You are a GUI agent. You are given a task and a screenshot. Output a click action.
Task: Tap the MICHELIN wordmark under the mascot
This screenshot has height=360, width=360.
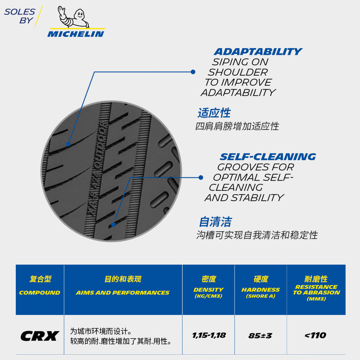pyautogui.click(x=76, y=34)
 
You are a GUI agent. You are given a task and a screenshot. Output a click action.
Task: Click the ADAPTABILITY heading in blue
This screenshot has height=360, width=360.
pyautogui.click(x=257, y=52)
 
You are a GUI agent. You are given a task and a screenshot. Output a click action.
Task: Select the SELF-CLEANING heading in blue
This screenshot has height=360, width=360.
pyautogui.click(x=268, y=157)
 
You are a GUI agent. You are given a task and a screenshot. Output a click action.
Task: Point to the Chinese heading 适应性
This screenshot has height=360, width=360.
pyautogui.click(x=214, y=113)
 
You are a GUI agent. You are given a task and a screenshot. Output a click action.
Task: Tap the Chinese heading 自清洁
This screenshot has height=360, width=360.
pyautogui.click(x=215, y=222)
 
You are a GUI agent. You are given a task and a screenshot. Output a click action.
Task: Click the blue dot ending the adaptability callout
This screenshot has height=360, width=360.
pyautogui.click(x=193, y=72)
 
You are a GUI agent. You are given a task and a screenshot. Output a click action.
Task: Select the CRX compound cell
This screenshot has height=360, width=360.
pyautogui.click(x=40, y=336)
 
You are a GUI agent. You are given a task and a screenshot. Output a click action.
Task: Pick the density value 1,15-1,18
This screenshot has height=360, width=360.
pyautogui.click(x=208, y=335)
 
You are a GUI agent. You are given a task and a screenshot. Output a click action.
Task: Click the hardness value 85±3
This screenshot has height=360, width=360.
pyautogui.click(x=260, y=336)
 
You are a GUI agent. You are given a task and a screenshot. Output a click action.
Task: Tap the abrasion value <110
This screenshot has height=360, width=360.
pyautogui.click(x=315, y=335)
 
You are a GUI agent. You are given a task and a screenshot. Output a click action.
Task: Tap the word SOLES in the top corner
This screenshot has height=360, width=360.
pyautogui.click(x=19, y=12)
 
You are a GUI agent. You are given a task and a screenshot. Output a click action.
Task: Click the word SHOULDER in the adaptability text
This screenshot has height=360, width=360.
pyautogui.click(x=238, y=72)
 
